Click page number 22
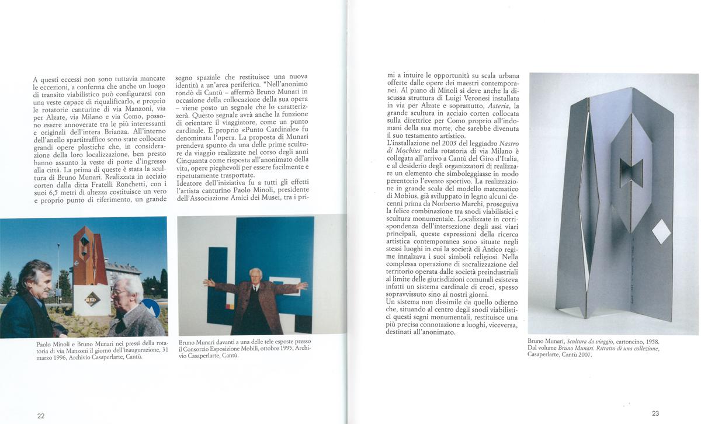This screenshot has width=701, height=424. coord(41,416)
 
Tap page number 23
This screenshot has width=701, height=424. coord(655,413)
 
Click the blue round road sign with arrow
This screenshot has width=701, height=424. coord(150,307)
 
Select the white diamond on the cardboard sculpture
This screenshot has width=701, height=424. coord(661,232)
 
